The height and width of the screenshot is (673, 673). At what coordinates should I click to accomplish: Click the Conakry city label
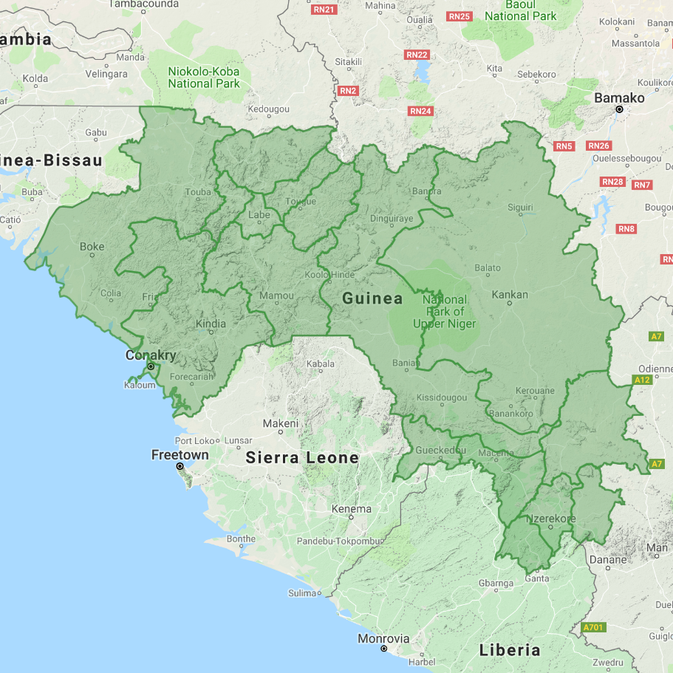pyautogui.click(x=151, y=355)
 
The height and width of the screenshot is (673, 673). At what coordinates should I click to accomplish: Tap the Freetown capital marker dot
pyautogui.click(x=180, y=467)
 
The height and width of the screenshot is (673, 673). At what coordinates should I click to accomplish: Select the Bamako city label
pyautogui.click(x=620, y=98)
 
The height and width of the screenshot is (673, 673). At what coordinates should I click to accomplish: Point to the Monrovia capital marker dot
pyautogui.click(x=383, y=649)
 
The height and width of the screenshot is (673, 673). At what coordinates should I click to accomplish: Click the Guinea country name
pyautogui.click(x=372, y=298)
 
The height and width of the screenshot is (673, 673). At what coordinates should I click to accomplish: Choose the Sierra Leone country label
pyautogui.click(x=302, y=457)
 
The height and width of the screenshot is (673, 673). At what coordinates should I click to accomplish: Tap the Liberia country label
pyautogui.click(x=510, y=650)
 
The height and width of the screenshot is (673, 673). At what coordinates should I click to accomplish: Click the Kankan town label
pyautogui.click(x=510, y=295)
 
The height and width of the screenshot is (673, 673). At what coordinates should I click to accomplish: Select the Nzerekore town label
pyautogui.click(x=550, y=519)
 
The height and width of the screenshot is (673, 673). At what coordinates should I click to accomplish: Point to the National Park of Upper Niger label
pyautogui.click(x=445, y=312)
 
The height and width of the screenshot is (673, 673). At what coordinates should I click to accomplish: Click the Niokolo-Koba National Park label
pyautogui.click(x=204, y=78)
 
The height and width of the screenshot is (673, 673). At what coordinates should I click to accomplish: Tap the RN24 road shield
pyautogui.click(x=420, y=111)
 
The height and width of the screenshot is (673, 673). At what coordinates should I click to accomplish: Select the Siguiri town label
pyautogui.click(x=521, y=208)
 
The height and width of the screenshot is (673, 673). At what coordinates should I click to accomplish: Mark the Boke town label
pyautogui.click(x=92, y=247)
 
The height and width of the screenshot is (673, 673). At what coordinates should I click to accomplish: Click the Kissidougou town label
pyautogui.click(x=442, y=397)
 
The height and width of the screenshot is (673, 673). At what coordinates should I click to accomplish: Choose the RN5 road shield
pyautogui.click(x=564, y=146)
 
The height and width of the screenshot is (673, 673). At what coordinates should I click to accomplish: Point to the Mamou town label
pyautogui.click(x=276, y=295)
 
